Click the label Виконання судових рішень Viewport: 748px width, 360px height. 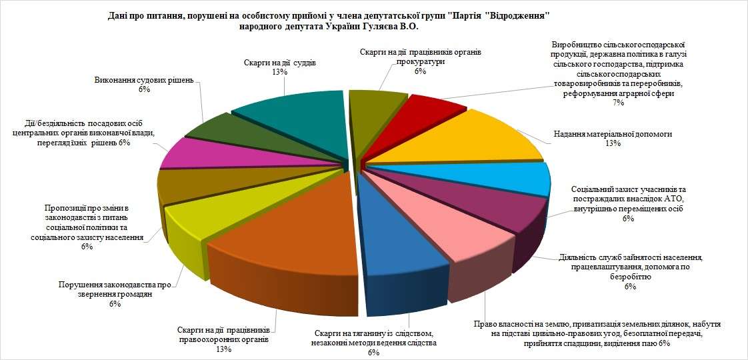[143, 80]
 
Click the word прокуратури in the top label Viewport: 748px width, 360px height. [419, 61]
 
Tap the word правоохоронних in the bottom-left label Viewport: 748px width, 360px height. [223, 339]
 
